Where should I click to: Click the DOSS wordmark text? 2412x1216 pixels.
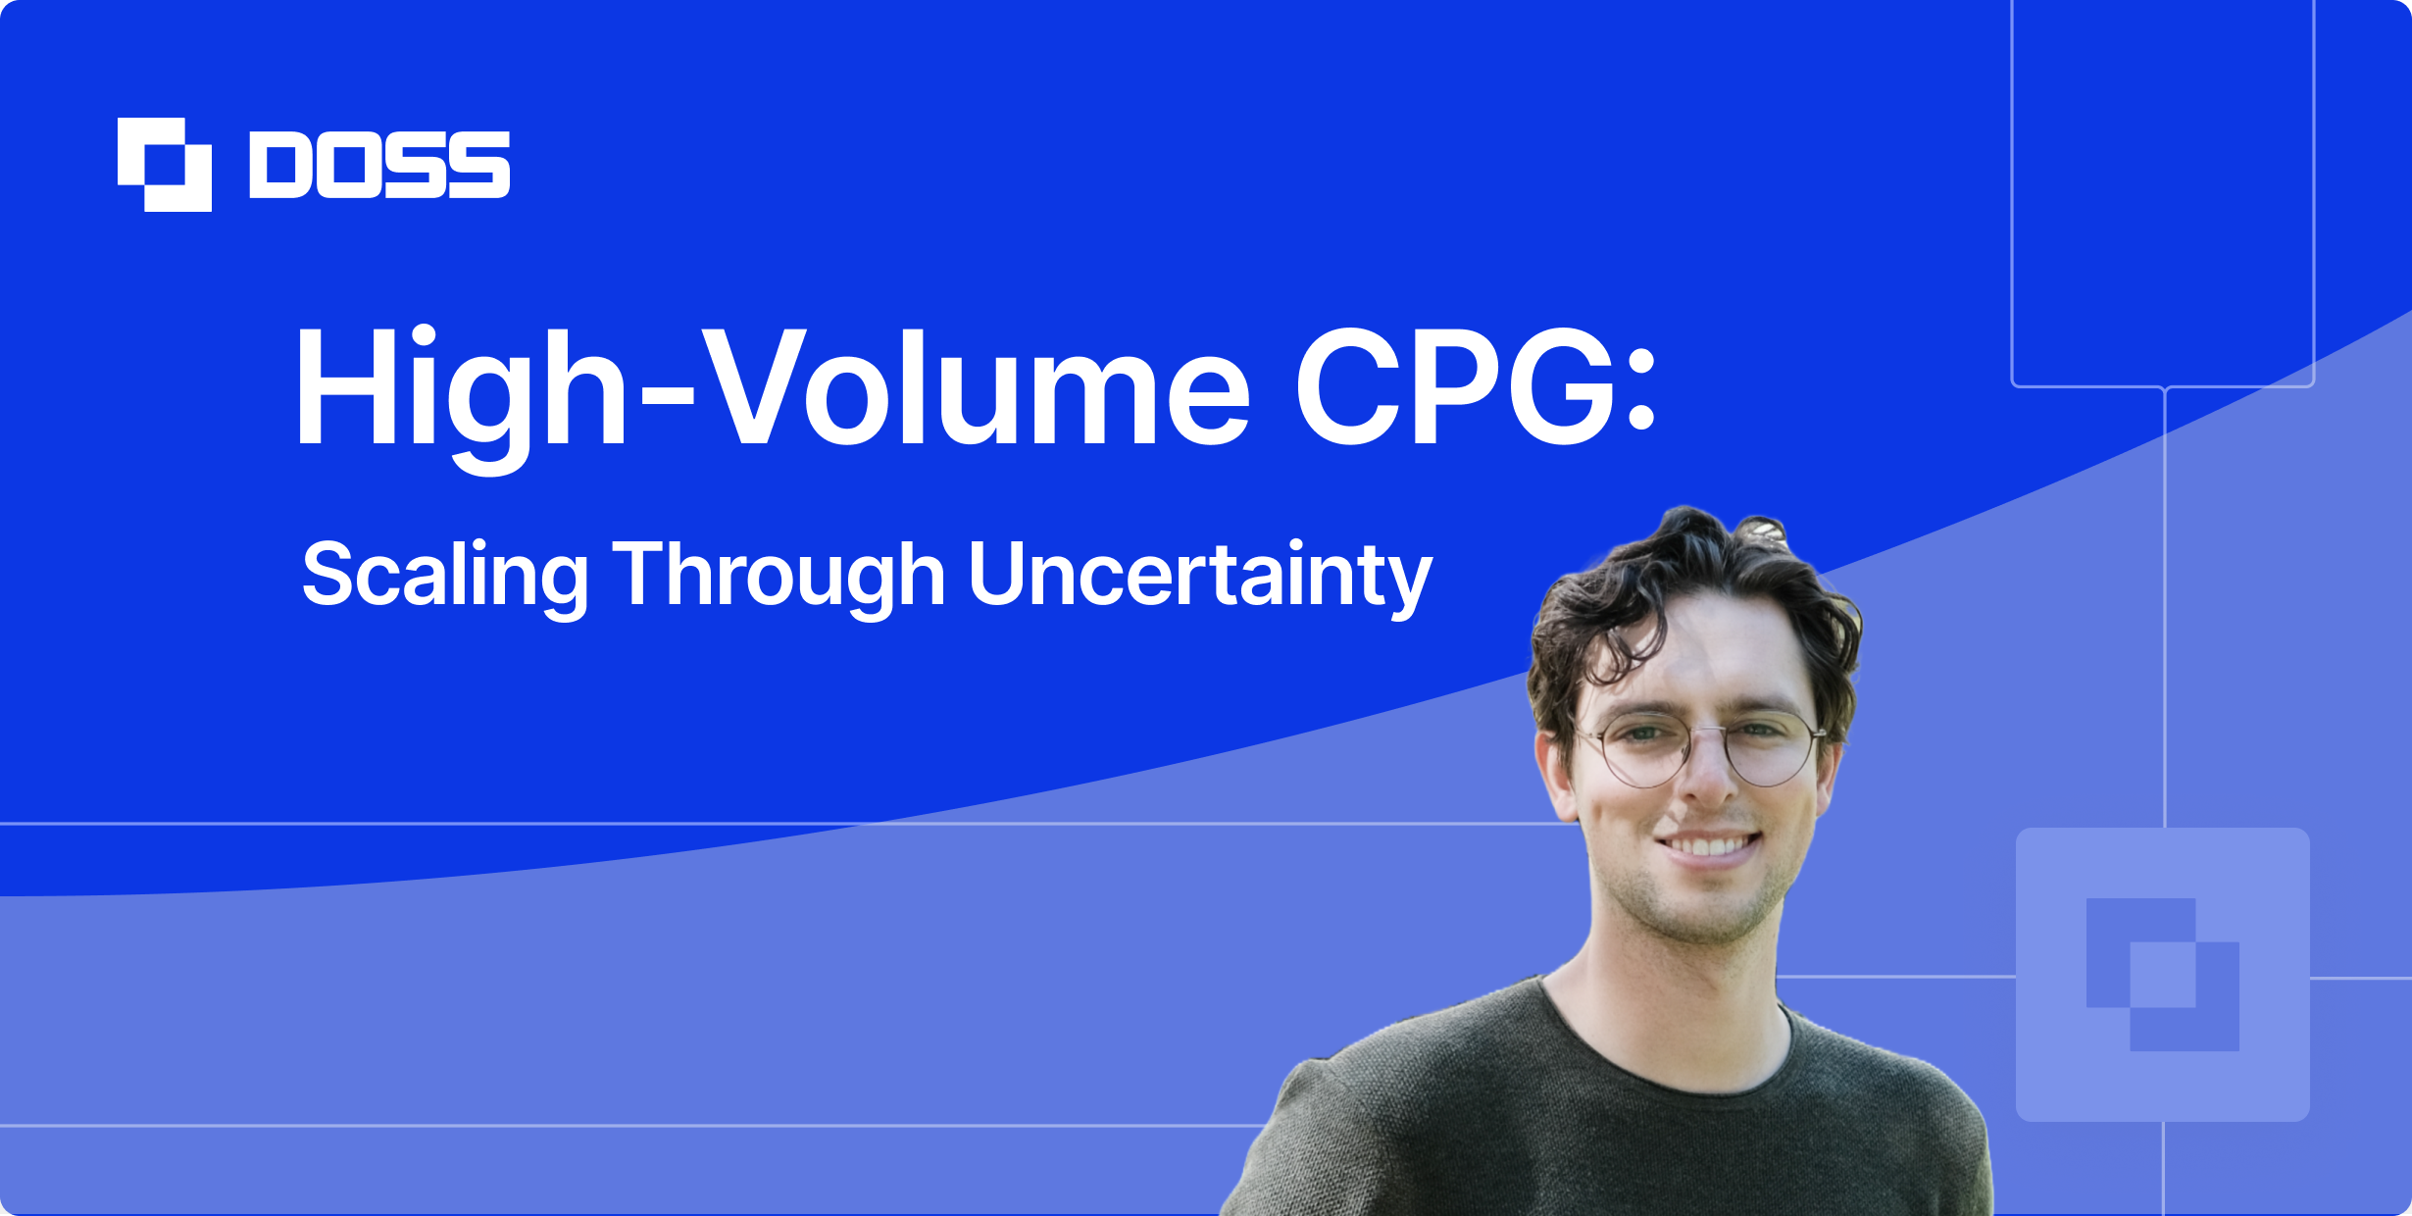click(379, 164)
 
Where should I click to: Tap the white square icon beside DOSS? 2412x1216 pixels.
click(164, 164)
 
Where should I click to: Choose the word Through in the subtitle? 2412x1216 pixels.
click(779, 576)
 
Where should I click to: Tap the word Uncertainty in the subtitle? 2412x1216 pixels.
click(1200, 576)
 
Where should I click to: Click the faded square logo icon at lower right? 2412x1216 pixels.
click(2162, 974)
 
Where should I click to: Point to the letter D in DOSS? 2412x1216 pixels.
click(280, 164)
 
